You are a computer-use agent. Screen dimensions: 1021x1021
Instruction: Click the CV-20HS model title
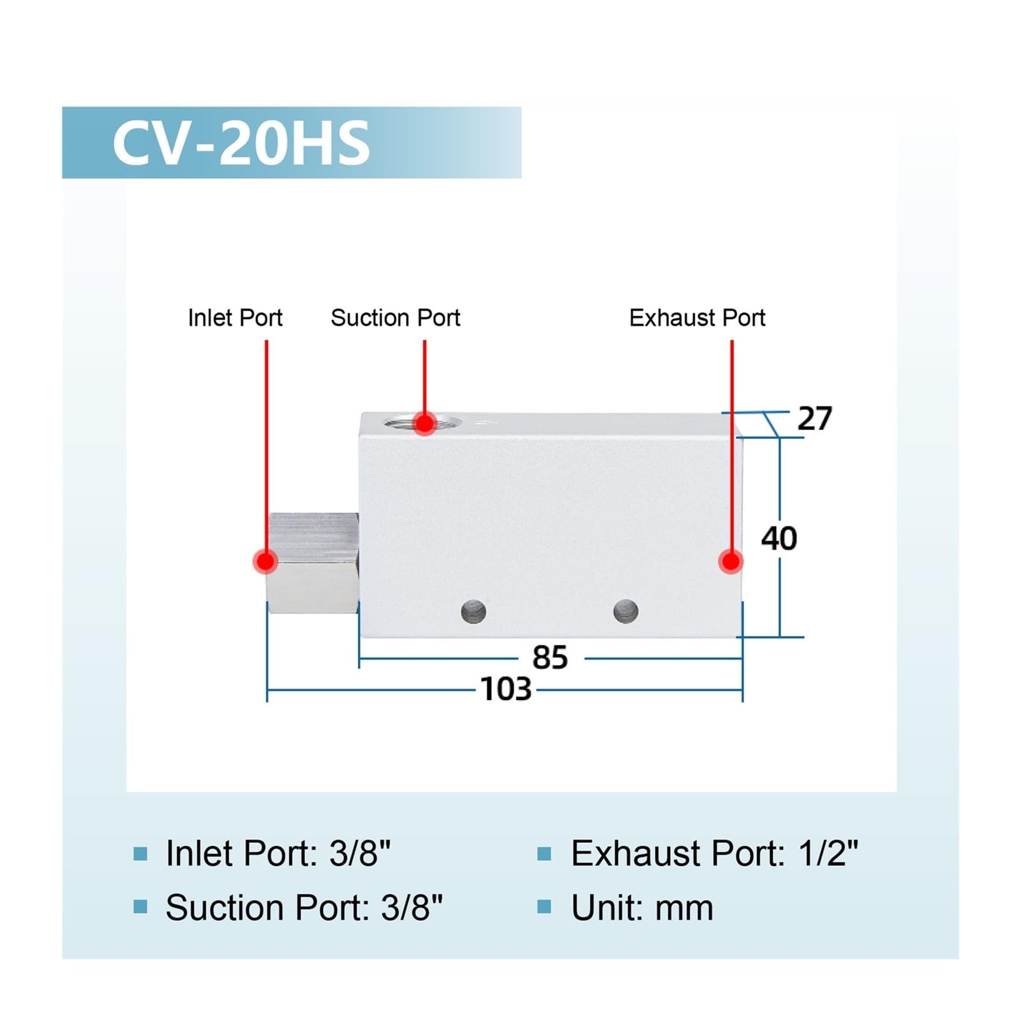coord(241,143)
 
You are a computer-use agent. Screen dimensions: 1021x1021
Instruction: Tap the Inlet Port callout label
coord(235,318)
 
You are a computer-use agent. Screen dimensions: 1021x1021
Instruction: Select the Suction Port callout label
coord(396,318)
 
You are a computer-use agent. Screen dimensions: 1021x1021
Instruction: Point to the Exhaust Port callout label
coord(697,318)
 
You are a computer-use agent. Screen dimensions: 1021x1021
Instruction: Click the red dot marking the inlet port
coord(265,562)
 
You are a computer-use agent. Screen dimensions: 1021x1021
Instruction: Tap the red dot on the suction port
coord(424,422)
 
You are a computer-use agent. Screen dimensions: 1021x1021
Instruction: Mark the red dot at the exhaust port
coord(731,562)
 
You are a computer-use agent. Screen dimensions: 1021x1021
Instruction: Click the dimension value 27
coord(815,419)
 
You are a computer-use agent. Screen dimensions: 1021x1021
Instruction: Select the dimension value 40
coord(779,539)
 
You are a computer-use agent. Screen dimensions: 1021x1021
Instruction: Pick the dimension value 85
coord(550,658)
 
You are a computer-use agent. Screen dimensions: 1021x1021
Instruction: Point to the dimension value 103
coord(506,689)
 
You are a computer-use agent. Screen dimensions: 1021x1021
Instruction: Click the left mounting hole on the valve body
coord(473,612)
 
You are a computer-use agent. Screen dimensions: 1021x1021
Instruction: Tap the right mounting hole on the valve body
coord(625,611)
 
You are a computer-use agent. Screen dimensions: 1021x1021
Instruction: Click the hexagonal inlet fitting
coord(313,563)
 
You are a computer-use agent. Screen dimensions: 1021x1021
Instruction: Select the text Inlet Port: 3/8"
coord(278,853)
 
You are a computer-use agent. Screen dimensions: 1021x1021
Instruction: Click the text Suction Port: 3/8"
coord(304,907)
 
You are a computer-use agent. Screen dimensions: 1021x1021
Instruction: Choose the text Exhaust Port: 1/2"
coord(715,853)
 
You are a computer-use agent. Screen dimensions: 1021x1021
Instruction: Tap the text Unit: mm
coord(642,907)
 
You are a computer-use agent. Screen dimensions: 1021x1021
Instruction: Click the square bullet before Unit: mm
coord(544,907)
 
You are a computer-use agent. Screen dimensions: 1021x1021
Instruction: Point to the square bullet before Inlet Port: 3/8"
coord(140,854)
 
